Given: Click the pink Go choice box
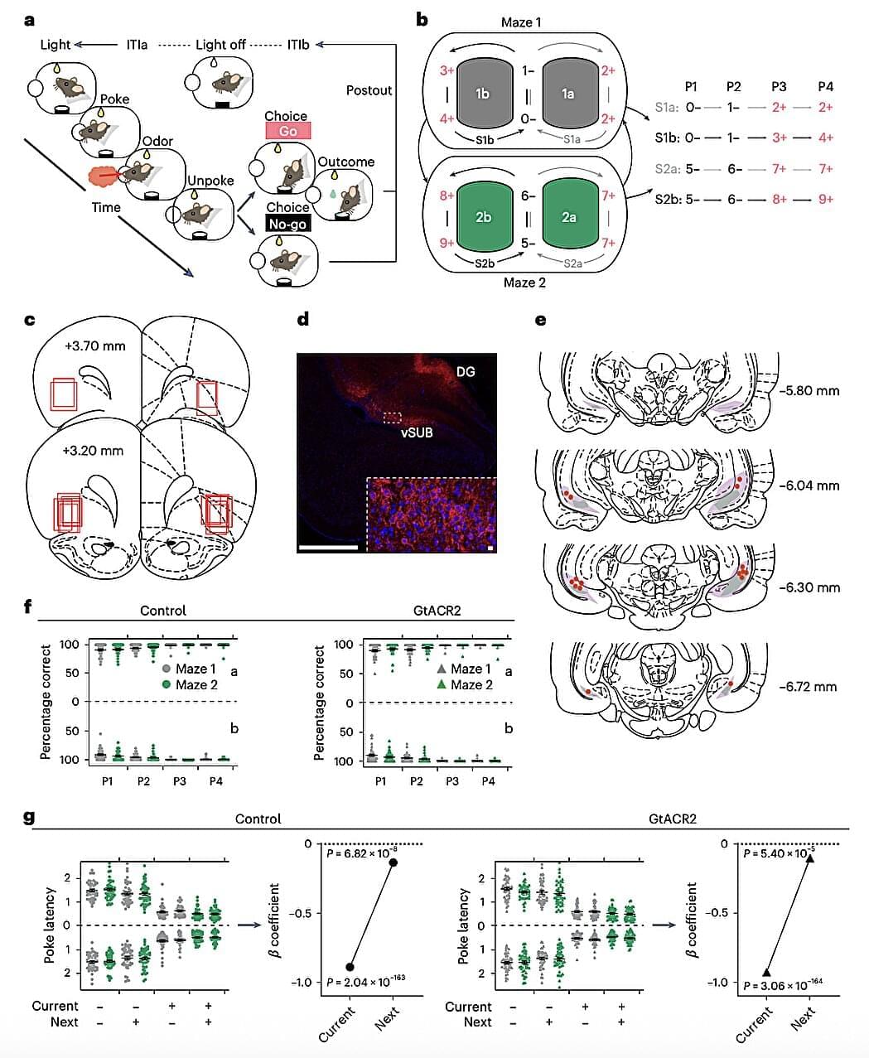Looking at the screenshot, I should [287, 131].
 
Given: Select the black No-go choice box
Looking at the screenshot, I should [287, 222].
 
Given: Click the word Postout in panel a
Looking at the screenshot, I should [369, 89].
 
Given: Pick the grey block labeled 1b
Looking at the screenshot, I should [482, 94].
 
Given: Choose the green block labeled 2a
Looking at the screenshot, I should [568, 217].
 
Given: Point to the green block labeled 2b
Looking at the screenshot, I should [482, 217].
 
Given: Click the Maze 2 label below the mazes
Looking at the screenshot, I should [525, 283].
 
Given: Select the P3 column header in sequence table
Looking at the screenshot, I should [779, 86].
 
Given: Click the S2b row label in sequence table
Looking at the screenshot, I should [667, 199].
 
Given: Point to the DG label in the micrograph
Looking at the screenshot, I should [466, 372].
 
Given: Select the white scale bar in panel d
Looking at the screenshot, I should [329, 547].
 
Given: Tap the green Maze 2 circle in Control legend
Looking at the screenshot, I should [167, 684].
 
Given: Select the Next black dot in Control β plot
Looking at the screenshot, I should [393, 862].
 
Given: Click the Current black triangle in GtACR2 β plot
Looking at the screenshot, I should [766, 973].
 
